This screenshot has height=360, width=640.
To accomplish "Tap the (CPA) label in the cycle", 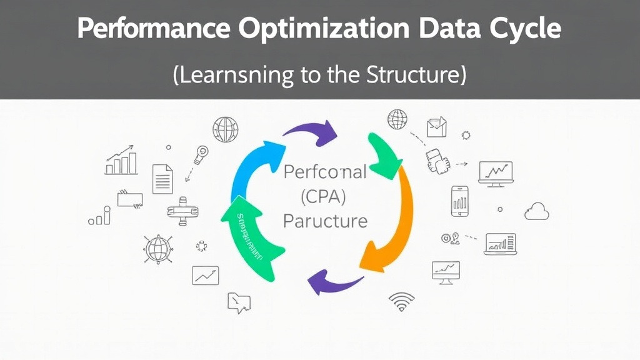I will [324, 196].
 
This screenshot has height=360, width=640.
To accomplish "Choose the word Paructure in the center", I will [325, 221].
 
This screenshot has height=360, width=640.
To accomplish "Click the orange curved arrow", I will [394, 219].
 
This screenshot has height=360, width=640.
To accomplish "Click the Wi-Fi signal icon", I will [401, 302].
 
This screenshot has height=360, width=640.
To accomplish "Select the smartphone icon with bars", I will [460, 201].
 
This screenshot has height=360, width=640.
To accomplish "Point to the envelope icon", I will [436, 127].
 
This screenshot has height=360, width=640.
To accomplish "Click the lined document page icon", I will [162, 179].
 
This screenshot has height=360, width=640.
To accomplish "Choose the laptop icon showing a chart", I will [500, 244].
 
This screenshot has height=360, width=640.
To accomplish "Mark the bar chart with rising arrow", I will [121, 161].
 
